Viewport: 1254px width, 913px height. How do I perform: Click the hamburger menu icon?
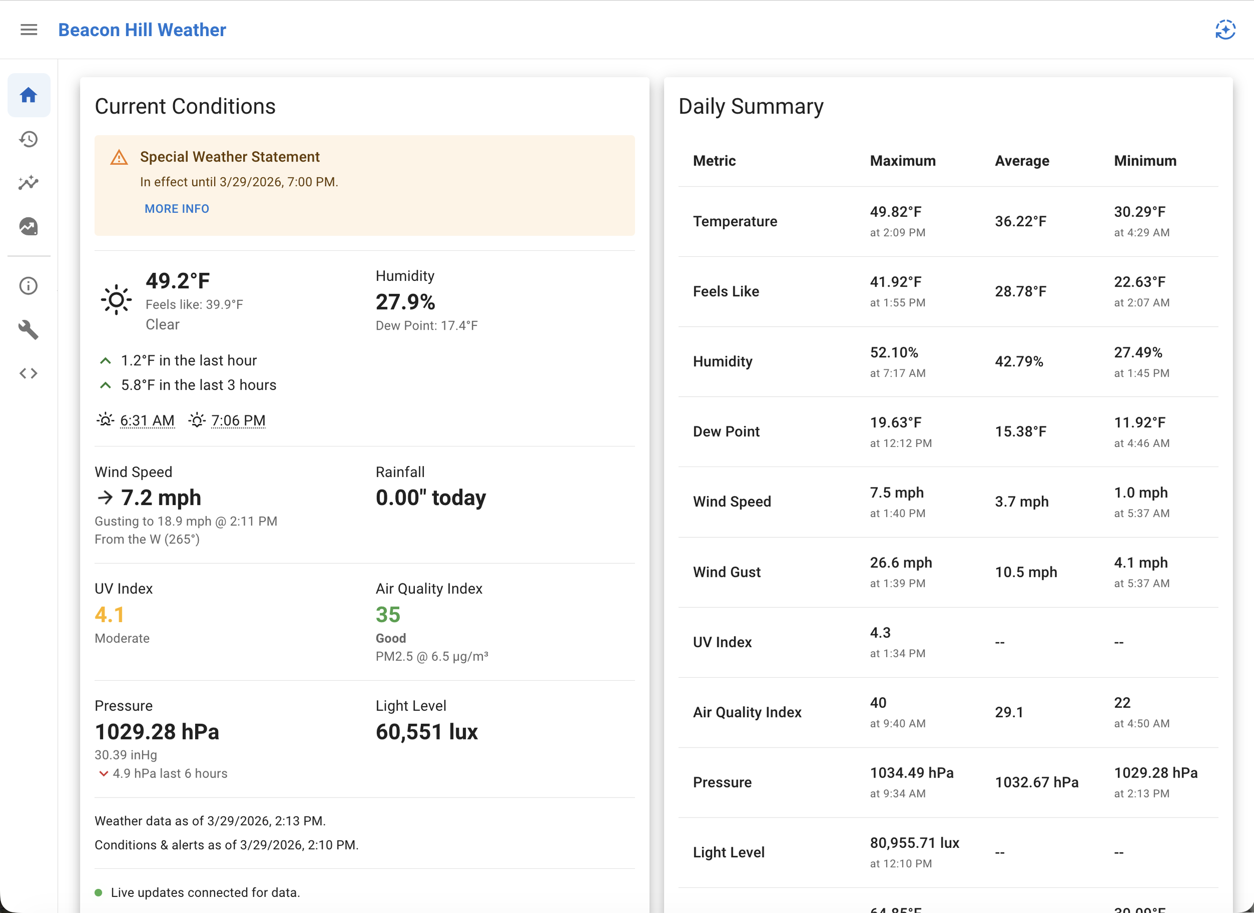[x=29, y=30]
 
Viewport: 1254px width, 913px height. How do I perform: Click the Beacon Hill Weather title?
[x=142, y=30]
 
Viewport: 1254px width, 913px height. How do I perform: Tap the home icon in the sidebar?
[x=29, y=95]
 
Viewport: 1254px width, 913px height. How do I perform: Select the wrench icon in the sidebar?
[x=29, y=330]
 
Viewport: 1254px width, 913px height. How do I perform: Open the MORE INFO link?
[x=177, y=209]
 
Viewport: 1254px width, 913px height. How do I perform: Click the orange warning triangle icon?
[x=119, y=158]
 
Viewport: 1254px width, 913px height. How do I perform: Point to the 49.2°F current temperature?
[x=178, y=281]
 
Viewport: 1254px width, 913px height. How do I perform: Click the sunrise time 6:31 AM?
[x=147, y=420]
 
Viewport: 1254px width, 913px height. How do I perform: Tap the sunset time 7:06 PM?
[x=238, y=420]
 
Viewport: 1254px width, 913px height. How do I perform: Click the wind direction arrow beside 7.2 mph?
[x=105, y=498]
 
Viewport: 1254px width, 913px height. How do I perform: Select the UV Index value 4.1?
[x=109, y=615]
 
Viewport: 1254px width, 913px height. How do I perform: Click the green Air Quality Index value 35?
[x=388, y=615]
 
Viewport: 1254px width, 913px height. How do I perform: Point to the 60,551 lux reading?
[x=426, y=731]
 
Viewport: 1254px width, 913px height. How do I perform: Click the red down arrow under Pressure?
[x=103, y=774]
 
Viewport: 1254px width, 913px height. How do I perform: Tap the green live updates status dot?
[x=98, y=892]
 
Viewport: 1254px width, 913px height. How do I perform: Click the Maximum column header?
[x=902, y=161]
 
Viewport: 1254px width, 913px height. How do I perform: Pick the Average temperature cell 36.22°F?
[x=1021, y=221]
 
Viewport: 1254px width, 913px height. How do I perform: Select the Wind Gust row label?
[x=726, y=572]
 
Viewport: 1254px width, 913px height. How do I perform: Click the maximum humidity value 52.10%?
[x=893, y=352]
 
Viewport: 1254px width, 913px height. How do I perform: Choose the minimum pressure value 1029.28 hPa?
[x=1155, y=773]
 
